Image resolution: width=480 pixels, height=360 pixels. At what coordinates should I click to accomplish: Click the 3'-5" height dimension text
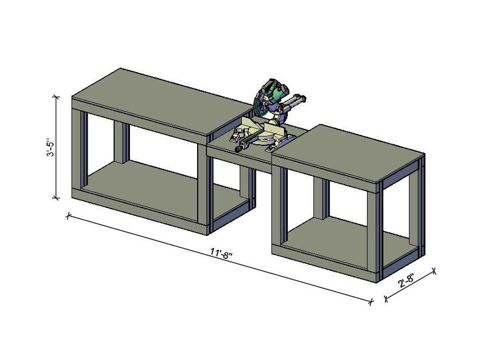[x=51, y=148]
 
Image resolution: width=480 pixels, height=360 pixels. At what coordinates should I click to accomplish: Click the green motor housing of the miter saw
[x=275, y=93]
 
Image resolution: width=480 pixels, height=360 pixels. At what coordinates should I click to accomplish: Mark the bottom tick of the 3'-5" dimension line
[x=57, y=197]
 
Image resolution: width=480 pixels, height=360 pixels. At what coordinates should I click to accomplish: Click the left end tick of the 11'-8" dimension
[x=68, y=214]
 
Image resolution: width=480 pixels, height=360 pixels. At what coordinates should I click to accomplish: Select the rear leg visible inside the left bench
[x=122, y=143]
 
